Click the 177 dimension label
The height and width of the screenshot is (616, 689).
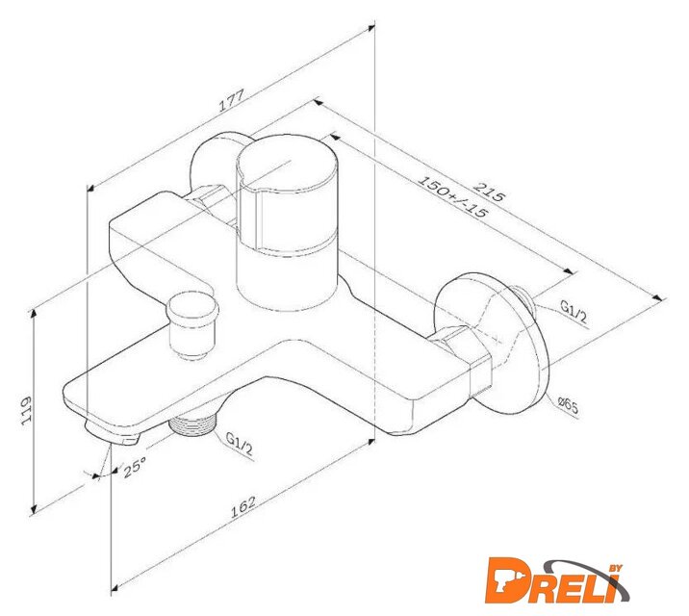pyautogui.click(x=231, y=101)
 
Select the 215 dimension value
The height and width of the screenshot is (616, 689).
pyautogui.click(x=489, y=192)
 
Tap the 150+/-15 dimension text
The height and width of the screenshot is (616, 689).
pyautogui.click(x=452, y=197)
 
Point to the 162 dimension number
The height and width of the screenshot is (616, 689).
pyautogui.click(x=242, y=506)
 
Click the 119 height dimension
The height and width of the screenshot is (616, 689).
pyautogui.click(x=27, y=410)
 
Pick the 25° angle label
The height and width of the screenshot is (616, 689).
pyautogui.click(x=135, y=467)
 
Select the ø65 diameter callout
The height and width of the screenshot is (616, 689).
pyautogui.click(x=568, y=406)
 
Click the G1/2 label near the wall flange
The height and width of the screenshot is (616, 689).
pyautogui.click(x=574, y=311)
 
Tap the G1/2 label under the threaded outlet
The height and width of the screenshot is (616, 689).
pyautogui.click(x=239, y=444)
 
